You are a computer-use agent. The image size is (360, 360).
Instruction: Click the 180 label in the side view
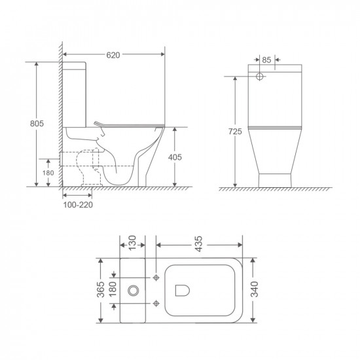[48, 173]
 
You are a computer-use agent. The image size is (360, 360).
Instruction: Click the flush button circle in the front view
[260, 77]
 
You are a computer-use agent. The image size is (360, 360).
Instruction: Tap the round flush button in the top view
[135, 289]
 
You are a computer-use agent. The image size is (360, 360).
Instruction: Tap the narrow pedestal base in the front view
[276, 179]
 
